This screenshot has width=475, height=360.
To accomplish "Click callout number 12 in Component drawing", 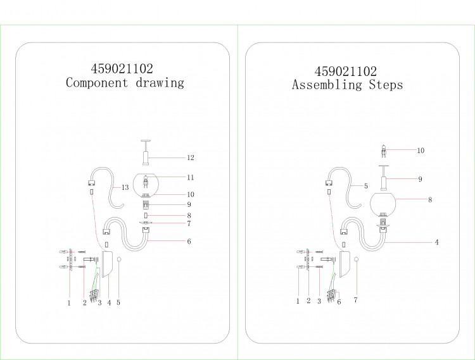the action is point(191,158).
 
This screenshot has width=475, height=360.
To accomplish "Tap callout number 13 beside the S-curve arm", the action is point(125,187).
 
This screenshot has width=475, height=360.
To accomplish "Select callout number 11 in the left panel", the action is point(191,177).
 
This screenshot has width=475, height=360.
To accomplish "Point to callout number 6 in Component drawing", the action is point(189,242).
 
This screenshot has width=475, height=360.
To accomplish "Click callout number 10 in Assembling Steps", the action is point(421,151).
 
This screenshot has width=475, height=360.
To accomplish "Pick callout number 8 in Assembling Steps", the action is point(430,200).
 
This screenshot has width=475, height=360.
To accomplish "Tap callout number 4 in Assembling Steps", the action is point(436,242).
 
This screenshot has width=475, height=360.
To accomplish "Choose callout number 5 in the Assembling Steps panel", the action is point(366,186).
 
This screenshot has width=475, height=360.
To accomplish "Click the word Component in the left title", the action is point(97,83).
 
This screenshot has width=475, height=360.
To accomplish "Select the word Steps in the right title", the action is point(386,85).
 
